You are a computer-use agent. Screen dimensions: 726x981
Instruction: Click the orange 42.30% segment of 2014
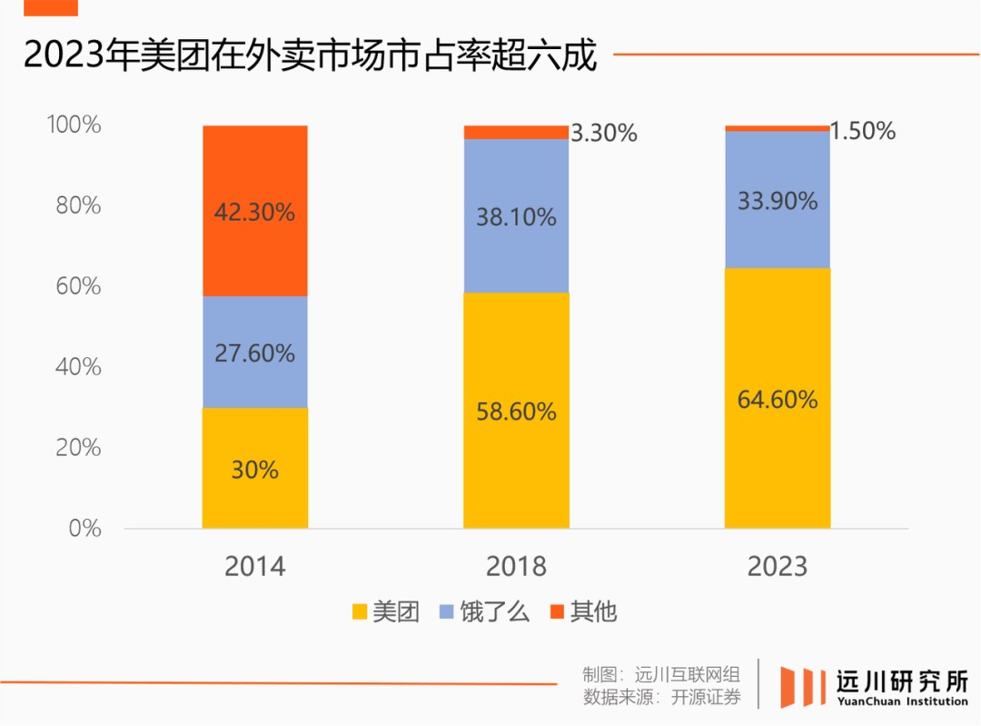255,211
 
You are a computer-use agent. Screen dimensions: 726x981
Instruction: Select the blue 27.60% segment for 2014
255,352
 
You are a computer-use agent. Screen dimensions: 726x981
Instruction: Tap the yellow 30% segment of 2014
255,468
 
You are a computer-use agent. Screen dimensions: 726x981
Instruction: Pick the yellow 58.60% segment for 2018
516,411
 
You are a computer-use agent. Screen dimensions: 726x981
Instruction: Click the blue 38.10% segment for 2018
516,216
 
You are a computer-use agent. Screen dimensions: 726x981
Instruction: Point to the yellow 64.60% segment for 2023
778,398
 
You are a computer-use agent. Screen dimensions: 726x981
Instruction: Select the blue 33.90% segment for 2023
778,200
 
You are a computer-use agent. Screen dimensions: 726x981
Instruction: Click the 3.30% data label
604,134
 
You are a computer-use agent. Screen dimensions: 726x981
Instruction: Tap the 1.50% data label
863,131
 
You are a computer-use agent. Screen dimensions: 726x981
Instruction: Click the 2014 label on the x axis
255,567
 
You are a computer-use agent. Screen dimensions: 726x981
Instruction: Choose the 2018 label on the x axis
516,567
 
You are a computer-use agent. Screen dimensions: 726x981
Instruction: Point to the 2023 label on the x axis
778,567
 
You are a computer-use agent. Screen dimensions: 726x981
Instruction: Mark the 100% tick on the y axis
74,125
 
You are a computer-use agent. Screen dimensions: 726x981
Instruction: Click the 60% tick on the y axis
78,287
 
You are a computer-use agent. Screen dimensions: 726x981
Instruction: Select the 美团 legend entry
385,612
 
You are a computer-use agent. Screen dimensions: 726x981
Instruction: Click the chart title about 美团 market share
310,56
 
